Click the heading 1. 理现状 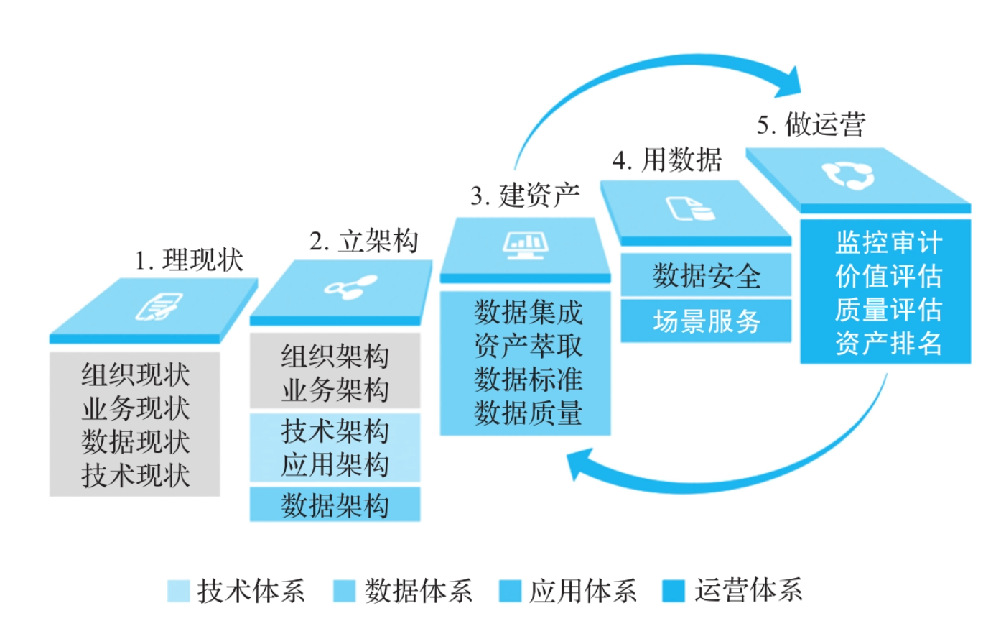pos(190,260)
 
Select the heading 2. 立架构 pos(364,242)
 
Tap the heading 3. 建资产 pos(526,196)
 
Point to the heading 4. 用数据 pos(667,160)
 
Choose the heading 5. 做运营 pos(811,125)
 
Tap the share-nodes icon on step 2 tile pos(350,287)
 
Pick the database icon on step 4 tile pos(690,208)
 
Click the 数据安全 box pos(706,276)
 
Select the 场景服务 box pos(706,321)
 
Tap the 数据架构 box pos(335,505)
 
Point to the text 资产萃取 pos(528,346)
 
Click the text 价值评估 pos(888,276)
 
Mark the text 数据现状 pos(135,441)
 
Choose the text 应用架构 pos(335,464)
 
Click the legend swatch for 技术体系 pos(178,591)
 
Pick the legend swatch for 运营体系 pos(674,591)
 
